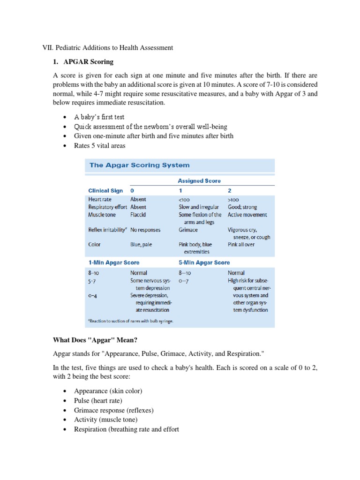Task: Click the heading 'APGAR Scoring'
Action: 88,62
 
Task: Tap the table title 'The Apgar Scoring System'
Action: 139,165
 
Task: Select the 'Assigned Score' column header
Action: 199,180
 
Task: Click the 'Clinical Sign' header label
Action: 105,191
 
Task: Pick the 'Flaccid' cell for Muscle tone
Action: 138,215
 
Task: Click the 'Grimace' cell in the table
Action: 188,230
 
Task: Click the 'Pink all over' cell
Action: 241,244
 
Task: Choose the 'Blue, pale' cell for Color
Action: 141,244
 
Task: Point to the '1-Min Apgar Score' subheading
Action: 113,262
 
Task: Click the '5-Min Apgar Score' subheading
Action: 204,262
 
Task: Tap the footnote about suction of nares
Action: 130,321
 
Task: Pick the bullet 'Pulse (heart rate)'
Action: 98,400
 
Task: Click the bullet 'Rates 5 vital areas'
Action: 100,146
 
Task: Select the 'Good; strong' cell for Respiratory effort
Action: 242,207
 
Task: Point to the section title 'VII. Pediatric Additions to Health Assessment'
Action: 107,47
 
